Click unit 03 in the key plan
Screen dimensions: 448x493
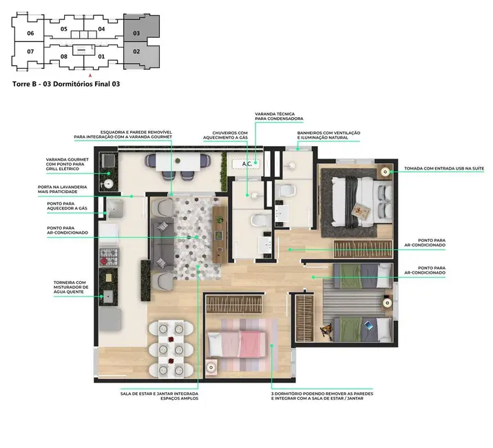(x=136, y=32)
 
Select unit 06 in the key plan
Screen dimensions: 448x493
(x=30, y=32)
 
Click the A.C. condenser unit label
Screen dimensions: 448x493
(x=246, y=164)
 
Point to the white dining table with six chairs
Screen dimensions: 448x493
(x=169, y=348)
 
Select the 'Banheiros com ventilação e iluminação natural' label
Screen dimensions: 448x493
(x=328, y=135)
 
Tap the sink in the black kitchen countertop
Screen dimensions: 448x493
(x=108, y=296)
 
